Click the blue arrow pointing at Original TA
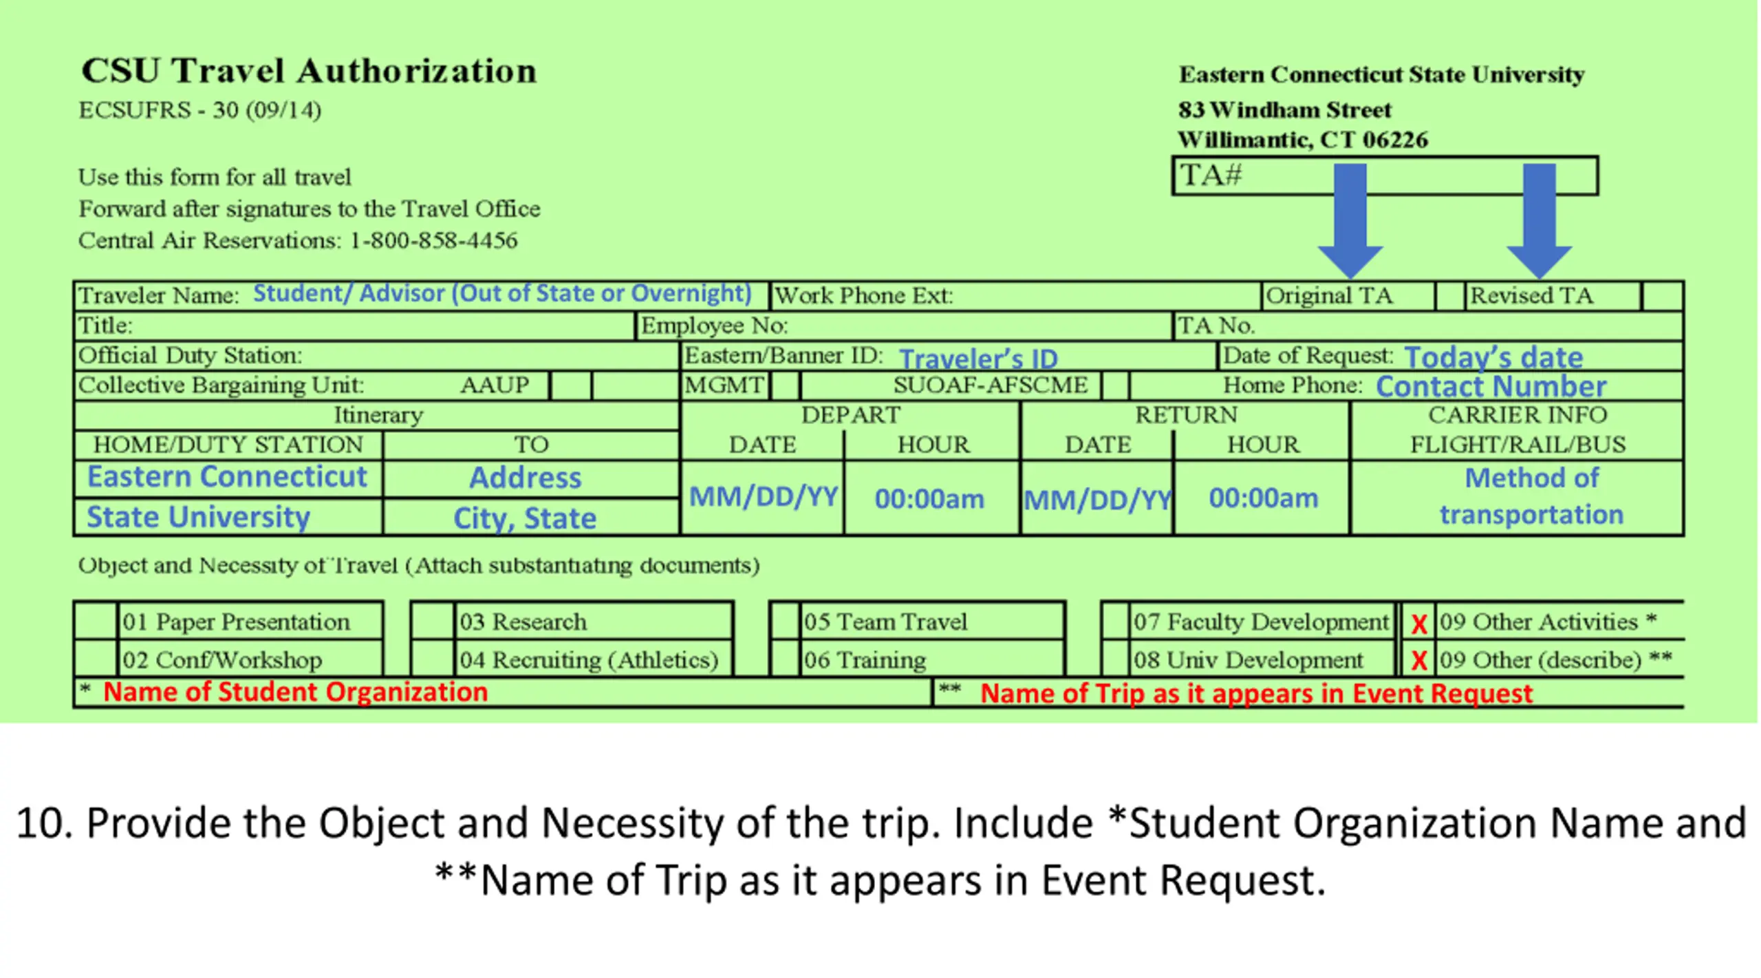point(1350,220)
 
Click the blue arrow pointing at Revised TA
point(1539,220)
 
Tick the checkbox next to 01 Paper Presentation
point(96,621)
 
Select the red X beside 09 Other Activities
point(1418,624)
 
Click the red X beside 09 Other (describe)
point(1418,661)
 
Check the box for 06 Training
point(785,659)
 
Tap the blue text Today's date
point(1493,357)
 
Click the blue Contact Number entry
point(1491,386)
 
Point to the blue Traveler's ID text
point(977,359)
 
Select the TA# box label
point(1211,176)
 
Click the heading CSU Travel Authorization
point(309,71)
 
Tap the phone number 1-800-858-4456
point(433,240)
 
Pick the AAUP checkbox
point(570,385)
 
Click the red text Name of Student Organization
point(295,692)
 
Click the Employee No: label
point(714,326)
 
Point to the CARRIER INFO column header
point(1517,415)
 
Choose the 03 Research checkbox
point(432,621)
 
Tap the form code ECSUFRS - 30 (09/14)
point(199,110)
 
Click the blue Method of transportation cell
point(1531,496)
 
